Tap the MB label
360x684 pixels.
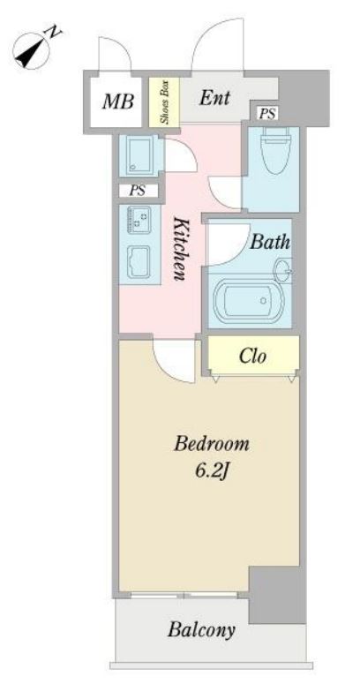click(x=118, y=101)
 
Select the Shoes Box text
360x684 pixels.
click(x=164, y=102)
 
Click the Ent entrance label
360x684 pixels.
click(x=214, y=98)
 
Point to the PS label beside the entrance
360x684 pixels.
click(x=267, y=114)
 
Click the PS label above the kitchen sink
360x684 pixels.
click(x=138, y=191)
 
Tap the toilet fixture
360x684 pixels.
click(x=275, y=151)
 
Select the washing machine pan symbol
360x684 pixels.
click(x=139, y=155)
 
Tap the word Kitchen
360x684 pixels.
click(x=180, y=249)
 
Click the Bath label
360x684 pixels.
click(x=270, y=242)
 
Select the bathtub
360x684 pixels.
click(x=249, y=302)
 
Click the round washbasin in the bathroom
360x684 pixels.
click(x=282, y=270)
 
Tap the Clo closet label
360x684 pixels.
click(x=252, y=357)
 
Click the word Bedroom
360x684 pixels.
click(x=212, y=445)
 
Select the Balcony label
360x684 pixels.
click(x=201, y=629)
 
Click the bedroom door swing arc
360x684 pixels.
click(x=172, y=370)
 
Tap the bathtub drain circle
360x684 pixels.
click(x=263, y=301)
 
